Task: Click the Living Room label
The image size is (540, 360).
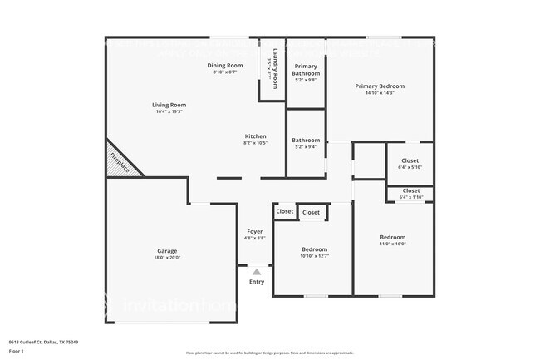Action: [x=169, y=106]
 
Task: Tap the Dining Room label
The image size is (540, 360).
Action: [x=224, y=65]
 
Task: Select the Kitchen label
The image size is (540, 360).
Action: [x=255, y=136]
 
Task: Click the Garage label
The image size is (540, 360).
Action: [x=167, y=250]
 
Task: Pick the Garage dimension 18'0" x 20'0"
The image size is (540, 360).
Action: [x=167, y=258]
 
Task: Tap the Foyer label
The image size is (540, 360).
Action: [x=255, y=231]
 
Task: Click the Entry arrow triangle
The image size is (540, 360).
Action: [x=257, y=271]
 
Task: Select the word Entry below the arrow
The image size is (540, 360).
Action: [x=257, y=282]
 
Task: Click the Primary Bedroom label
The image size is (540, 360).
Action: [x=380, y=86]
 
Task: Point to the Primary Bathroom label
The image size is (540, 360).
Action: [x=306, y=69]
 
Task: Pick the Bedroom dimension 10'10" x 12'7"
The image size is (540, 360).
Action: [x=314, y=257]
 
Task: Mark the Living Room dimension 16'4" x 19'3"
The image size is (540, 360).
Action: [x=169, y=112]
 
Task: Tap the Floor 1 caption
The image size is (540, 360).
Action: [x=16, y=351]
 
